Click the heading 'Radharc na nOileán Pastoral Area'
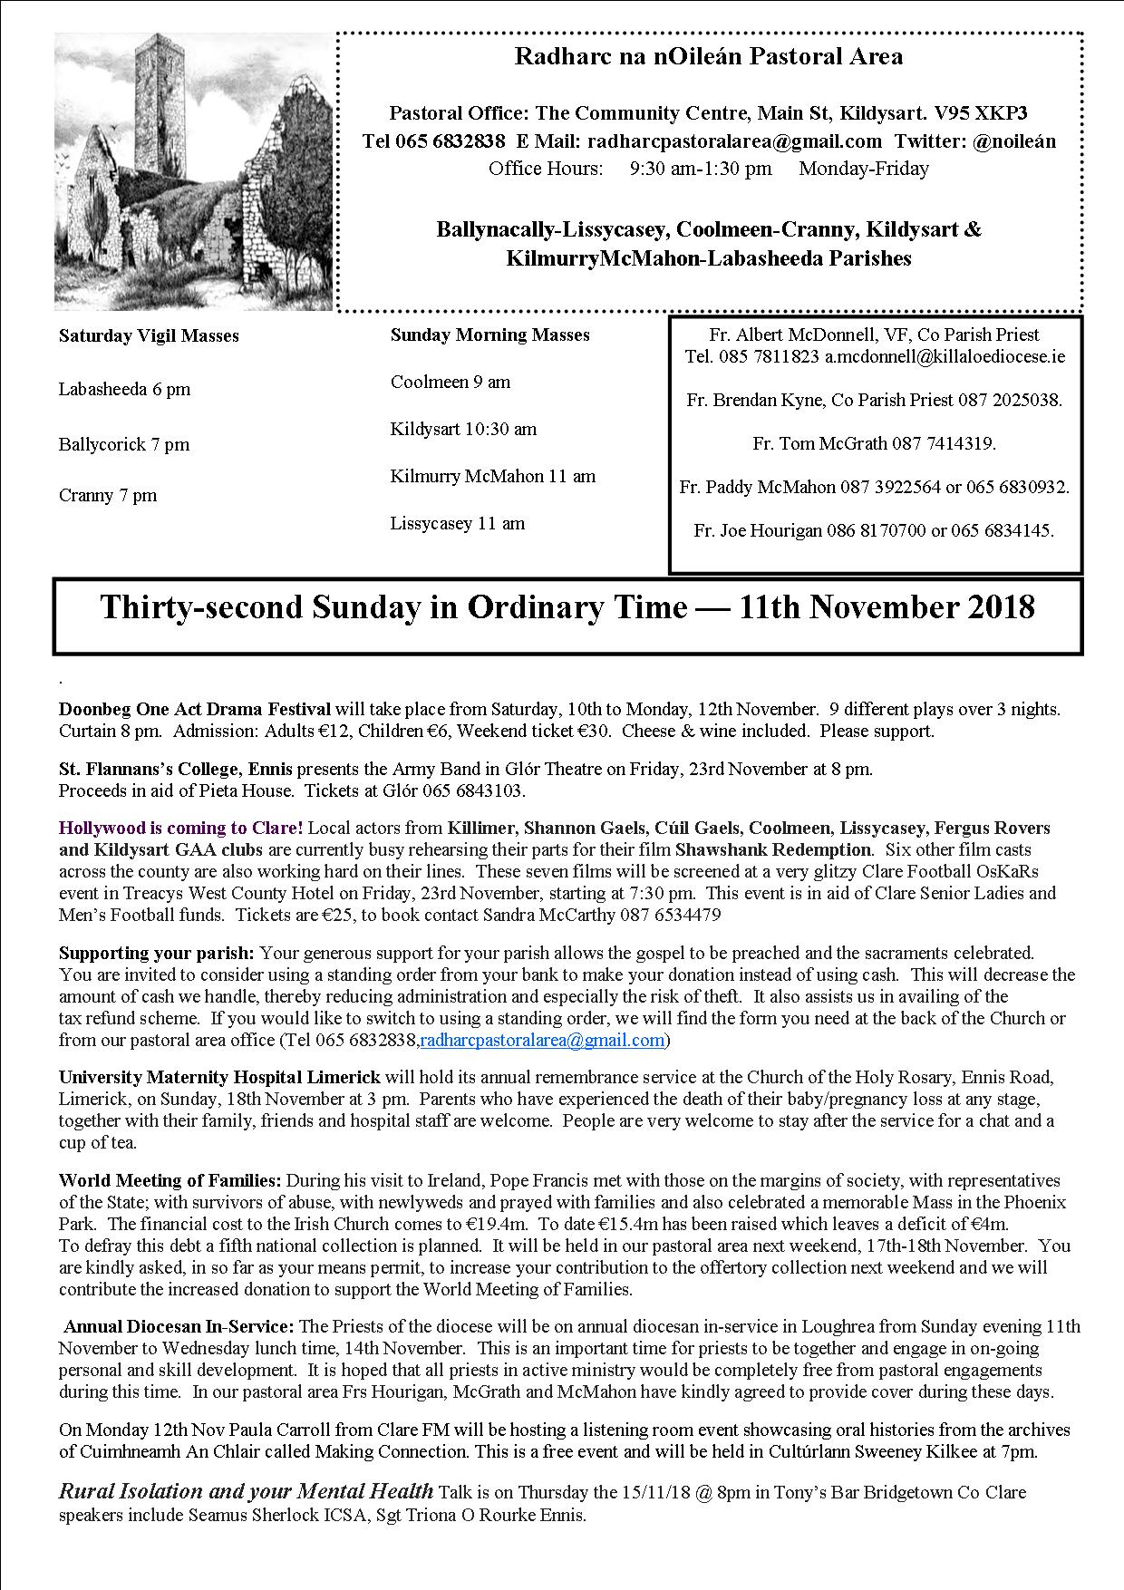coord(708,57)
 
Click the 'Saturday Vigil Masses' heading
coord(149,335)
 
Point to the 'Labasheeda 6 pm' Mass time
coord(124,390)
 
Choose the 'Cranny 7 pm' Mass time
coord(108,495)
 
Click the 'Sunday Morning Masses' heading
coord(489,334)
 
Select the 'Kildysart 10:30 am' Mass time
coord(463,429)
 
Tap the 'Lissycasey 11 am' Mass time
coord(458,523)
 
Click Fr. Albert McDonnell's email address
coord(945,356)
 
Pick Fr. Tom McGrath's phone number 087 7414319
coord(943,443)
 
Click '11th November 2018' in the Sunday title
coord(887,606)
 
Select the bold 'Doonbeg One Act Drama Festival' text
coord(195,709)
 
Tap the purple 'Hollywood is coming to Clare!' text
coord(180,828)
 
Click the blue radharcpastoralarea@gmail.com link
coord(542,1040)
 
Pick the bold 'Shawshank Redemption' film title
coord(772,849)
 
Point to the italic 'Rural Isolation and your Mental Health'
coord(246,1491)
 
